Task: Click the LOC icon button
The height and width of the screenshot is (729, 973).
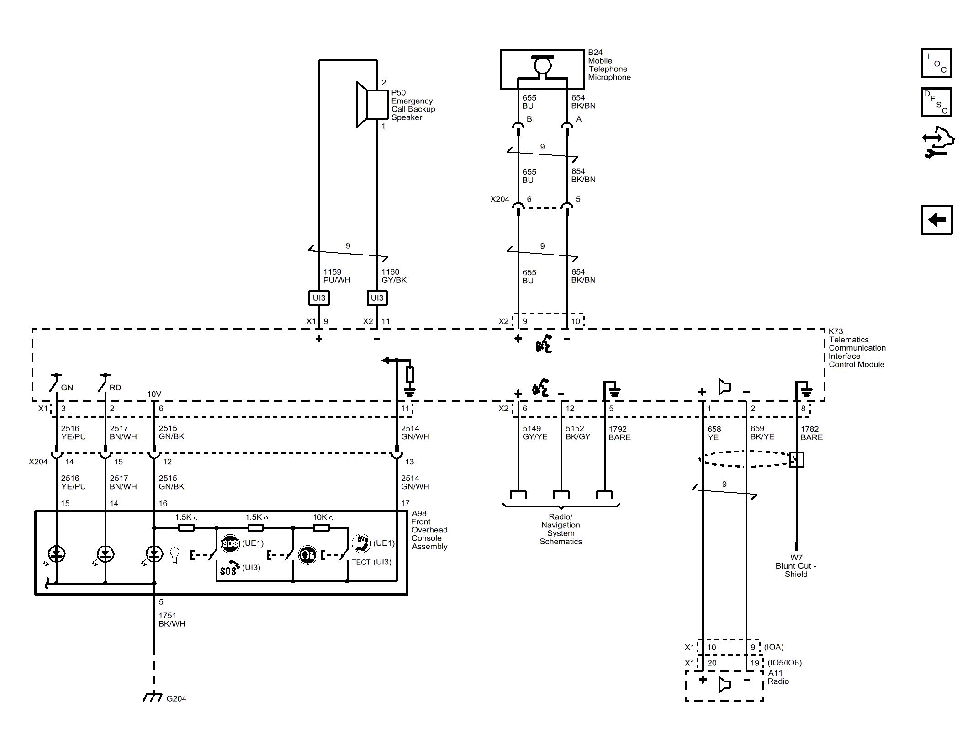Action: pos(936,63)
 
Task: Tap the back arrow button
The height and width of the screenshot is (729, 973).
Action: pos(936,220)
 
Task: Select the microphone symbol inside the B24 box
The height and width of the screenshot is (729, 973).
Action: pos(543,65)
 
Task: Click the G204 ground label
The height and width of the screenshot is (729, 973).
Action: pos(176,698)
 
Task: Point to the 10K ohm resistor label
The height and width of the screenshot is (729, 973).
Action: pos(323,517)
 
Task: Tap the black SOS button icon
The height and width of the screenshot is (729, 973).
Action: pos(230,543)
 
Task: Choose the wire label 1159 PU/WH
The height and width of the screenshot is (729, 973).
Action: pos(337,276)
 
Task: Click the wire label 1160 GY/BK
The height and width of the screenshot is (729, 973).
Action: pos(394,276)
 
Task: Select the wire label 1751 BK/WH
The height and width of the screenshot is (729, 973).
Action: pos(172,620)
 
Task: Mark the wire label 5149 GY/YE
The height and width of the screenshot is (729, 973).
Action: pos(535,432)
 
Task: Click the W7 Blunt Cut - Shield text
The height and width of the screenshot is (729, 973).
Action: pos(796,566)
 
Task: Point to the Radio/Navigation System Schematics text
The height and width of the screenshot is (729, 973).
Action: pos(561,529)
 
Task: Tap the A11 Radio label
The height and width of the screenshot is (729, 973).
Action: pos(778,677)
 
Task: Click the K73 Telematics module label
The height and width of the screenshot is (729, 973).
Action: pos(857,348)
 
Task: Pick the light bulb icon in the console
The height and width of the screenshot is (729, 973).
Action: pos(175,553)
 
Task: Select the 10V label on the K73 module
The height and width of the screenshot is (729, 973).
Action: pos(154,394)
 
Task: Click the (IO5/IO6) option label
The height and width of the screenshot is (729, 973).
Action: pos(784,663)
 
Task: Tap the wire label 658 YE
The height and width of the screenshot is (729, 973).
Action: pos(714,433)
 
